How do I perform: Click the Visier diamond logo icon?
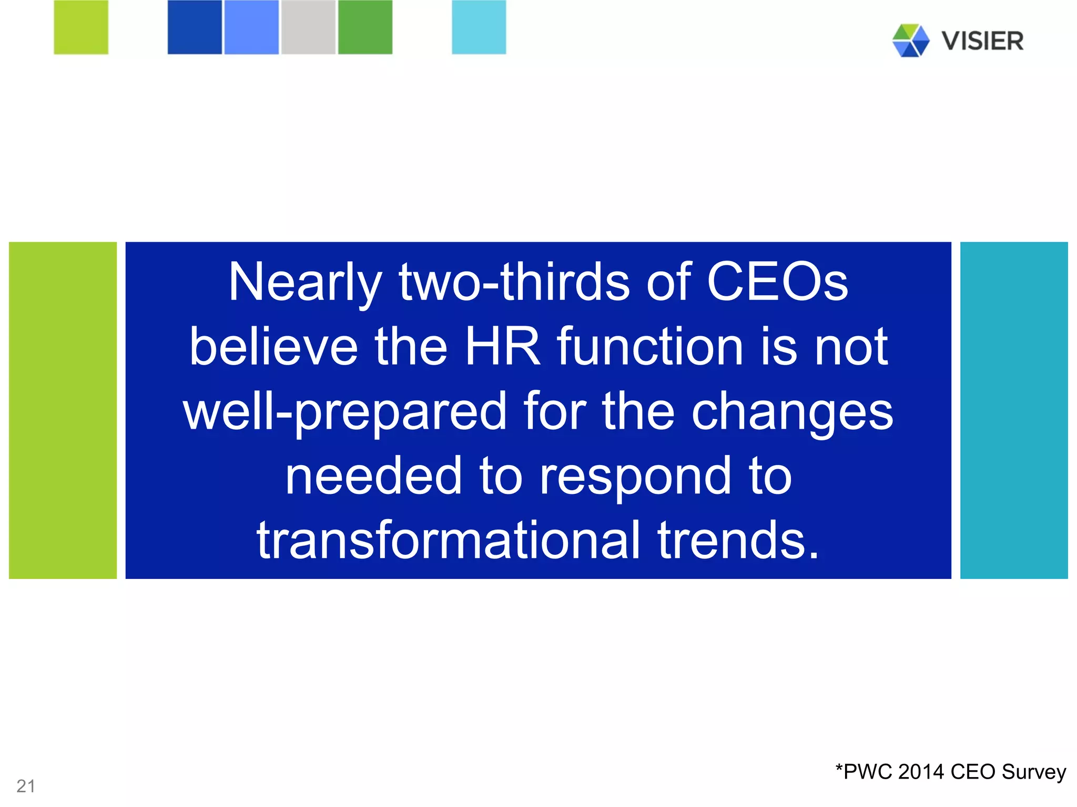coord(910,40)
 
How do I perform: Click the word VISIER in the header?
coord(982,41)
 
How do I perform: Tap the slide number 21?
coord(26,786)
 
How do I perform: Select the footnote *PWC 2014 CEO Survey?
coord(951,772)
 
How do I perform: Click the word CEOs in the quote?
coord(777,282)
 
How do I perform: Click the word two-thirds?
coord(514,282)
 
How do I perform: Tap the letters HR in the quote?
coord(503,347)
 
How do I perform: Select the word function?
coord(650,347)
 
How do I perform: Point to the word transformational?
coord(449,540)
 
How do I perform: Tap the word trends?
coord(738,540)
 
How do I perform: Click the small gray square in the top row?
coord(308,27)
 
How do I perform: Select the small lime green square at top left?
coord(81,27)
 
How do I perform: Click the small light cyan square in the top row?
coord(479,27)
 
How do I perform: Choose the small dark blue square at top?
coord(195,27)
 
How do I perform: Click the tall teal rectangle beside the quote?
coord(1014,410)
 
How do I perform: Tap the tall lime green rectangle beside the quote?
coord(63,410)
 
